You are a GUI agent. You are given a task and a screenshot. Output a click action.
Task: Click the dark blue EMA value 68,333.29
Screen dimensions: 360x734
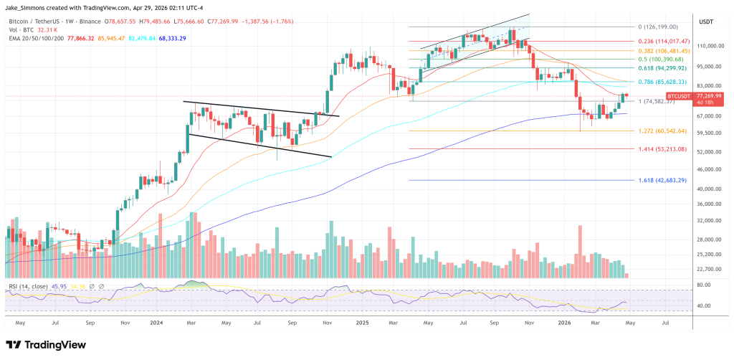(168, 38)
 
